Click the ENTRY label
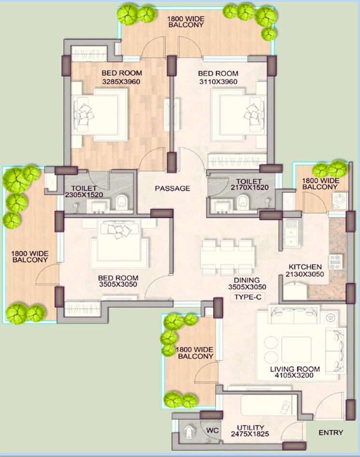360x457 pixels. (x=331, y=432)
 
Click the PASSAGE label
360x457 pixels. (x=173, y=188)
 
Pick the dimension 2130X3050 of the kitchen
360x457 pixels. (x=305, y=274)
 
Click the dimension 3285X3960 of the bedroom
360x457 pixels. (x=121, y=81)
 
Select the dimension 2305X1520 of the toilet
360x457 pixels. (x=85, y=194)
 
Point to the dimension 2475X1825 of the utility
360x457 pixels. (x=250, y=435)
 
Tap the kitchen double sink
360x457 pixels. (x=291, y=233)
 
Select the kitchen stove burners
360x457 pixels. (x=335, y=261)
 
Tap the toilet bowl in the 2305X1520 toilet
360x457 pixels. (x=122, y=202)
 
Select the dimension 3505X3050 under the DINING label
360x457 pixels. (x=247, y=287)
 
